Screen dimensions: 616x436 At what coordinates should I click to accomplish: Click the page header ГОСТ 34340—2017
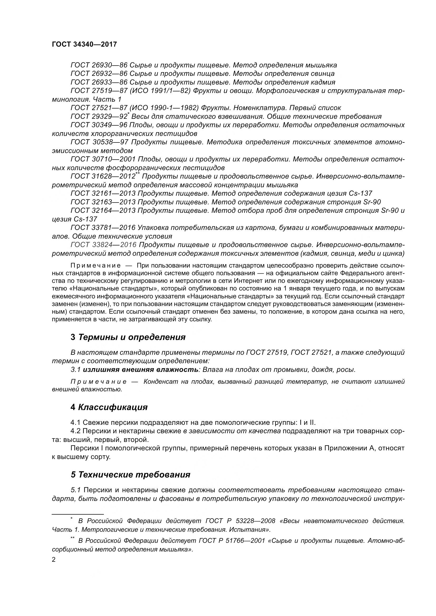[84, 44]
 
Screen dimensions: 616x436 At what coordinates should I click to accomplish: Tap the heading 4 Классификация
[109, 407]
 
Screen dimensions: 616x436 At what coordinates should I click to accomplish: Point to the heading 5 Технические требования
[130, 475]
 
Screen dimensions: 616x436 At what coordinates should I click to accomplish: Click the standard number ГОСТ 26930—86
[99, 65]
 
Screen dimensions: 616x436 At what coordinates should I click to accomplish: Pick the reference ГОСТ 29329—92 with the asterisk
[99, 116]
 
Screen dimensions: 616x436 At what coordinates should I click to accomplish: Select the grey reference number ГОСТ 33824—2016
[104, 245]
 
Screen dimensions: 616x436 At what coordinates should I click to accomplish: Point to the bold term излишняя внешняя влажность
[141, 370]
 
